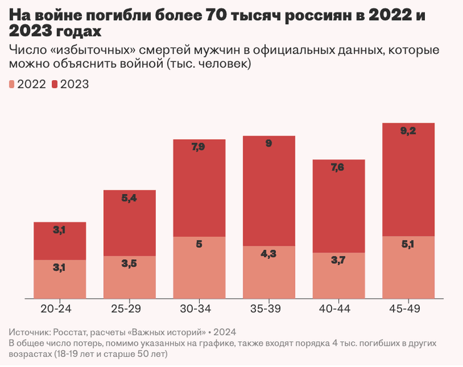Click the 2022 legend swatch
[x=13, y=85]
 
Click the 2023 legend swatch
[x=56, y=85]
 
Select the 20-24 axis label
[x=59, y=309]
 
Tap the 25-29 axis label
[x=130, y=309]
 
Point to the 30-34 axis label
[x=199, y=309]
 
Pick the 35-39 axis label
[x=268, y=309]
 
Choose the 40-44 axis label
[x=338, y=309]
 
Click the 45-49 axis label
[x=408, y=309]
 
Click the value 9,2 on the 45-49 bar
[x=408, y=131]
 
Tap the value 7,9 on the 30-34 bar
[x=199, y=147]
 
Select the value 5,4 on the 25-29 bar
[x=130, y=198]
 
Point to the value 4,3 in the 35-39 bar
[x=268, y=254]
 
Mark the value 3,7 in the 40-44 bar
[x=338, y=260]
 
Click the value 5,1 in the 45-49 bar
[x=408, y=244]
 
